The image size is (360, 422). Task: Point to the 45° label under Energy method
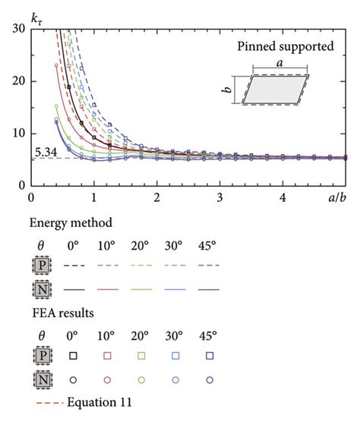(x=210, y=244)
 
